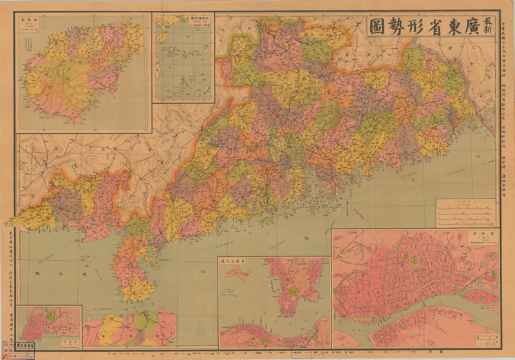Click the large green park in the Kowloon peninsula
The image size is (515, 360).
[x=294, y=291]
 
